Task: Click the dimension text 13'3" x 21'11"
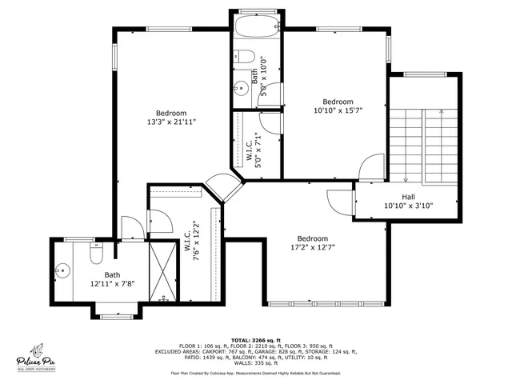coord(171,122)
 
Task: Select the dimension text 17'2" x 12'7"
coord(312,248)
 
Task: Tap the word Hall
coord(408,196)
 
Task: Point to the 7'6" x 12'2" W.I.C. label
coord(191,241)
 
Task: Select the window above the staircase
coord(426,74)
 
